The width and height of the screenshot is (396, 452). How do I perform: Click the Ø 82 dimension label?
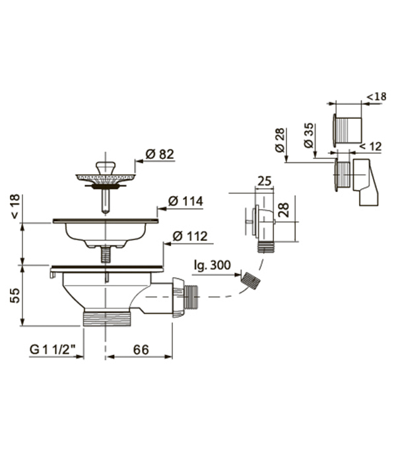coord(160,154)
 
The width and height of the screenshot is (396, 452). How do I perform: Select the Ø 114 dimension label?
coord(185,201)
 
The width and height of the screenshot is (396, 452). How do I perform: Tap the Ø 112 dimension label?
coord(190,236)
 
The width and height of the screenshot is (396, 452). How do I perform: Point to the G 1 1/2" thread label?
coord(53,350)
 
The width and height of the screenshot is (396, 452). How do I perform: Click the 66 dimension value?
coord(141,350)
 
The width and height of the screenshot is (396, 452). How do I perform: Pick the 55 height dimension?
coord(15,294)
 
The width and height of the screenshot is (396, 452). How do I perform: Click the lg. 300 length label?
coord(213,265)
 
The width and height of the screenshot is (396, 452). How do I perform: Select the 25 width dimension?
coord(264,181)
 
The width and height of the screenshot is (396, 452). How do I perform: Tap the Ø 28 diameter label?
coord(279,140)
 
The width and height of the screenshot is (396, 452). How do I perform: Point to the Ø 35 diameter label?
coord(308,135)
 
